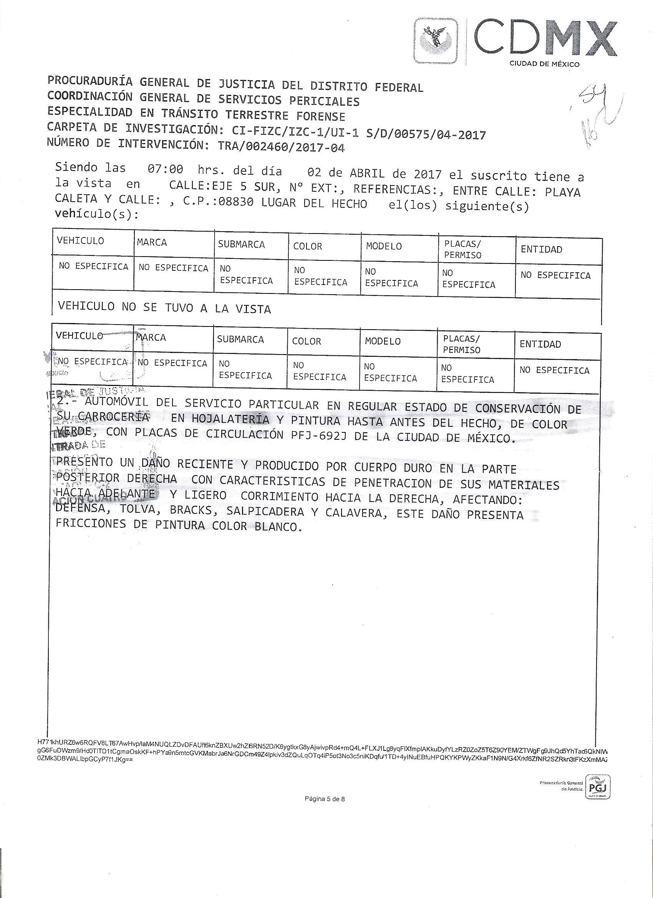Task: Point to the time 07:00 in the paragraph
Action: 165,169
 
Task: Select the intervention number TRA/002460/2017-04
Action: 282,147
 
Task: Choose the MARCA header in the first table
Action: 152,242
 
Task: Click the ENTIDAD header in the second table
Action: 540,344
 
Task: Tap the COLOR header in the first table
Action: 307,246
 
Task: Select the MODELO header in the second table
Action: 383,341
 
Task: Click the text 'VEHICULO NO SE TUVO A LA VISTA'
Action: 164,308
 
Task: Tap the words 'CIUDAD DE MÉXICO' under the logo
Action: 544,64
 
